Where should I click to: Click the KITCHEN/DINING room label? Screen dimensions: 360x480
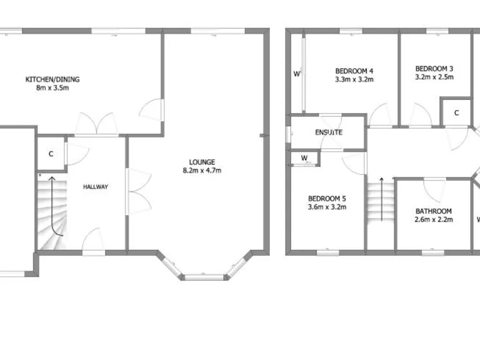coord(52,79)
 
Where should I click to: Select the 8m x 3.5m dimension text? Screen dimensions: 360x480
coord(52,88)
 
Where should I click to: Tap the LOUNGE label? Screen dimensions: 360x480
coord(202,162)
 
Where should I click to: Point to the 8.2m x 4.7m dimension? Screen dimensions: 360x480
coord(202,170)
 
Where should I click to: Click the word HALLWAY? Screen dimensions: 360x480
coord(96,186)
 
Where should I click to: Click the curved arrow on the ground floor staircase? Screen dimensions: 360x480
coord(56,206)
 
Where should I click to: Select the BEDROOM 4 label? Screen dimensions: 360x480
coord(354,71)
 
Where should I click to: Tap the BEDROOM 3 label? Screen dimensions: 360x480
coord(434,69)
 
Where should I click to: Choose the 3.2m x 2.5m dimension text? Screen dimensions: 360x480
coord(434,77)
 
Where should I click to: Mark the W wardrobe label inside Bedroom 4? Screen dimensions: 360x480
coord(297,74)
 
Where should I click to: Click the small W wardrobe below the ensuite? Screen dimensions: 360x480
coord(304,158)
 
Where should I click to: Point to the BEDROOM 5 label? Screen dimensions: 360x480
coord(327,199)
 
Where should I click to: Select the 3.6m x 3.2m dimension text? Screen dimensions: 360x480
coord(327,207)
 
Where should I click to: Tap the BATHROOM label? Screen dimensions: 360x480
coord(433,211)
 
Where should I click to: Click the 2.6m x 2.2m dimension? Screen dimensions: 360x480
coord(433,220)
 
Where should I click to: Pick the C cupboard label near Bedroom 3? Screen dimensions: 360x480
coord(456,112)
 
